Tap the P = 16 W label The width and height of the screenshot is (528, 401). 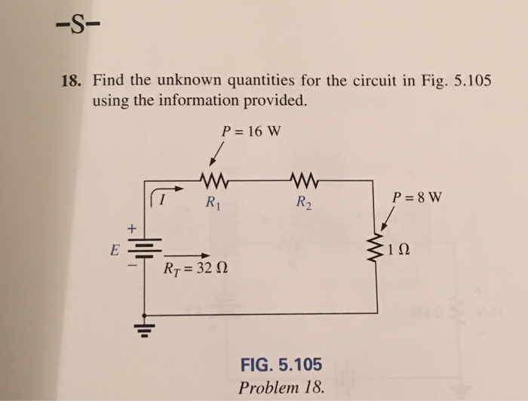pyautogui.click(x=251, y=130)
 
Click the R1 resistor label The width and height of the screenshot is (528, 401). pyautogui.click(x=213, y=202)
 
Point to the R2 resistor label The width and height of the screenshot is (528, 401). pyautogui.click(x=303, y=202)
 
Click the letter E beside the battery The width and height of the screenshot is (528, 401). pyautogui.click(x=114, y=250)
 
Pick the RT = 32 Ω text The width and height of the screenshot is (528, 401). pyautogui.click(x=195, y=269)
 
